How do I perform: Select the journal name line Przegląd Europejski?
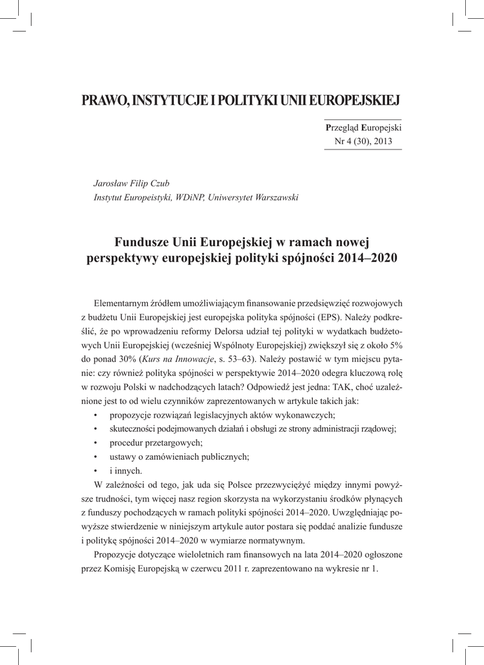click(x=363, y=128)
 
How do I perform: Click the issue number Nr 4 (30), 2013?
click(x=363, y=141)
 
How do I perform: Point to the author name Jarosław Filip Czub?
click(x=132, y=184)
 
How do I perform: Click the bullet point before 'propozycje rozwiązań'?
click(x=96, y=415)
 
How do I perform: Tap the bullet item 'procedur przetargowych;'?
click(x=156, y=443)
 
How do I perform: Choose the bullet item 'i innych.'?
click(x=126, y=471)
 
